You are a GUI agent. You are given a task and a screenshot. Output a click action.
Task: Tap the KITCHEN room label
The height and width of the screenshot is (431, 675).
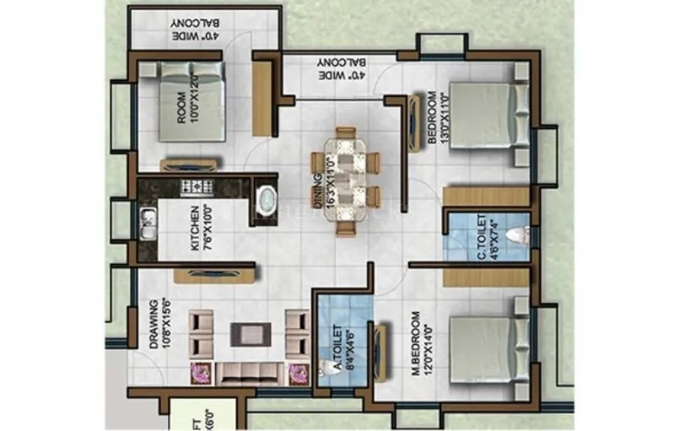(200, 228)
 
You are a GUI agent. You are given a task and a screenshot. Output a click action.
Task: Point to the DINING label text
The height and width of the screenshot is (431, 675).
(319, 190)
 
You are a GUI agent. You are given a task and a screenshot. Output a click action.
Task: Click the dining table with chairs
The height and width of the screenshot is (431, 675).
(346, 179)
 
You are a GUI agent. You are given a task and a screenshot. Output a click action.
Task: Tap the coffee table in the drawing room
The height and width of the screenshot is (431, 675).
(251, 334)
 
